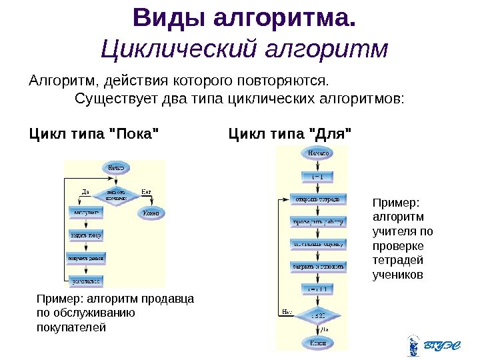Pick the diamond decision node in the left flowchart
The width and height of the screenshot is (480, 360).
(116, 195)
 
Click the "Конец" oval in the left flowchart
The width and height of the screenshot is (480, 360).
(152, 213)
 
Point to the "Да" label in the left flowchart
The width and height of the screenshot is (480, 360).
(85, 192)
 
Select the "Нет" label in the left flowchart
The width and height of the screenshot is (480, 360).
(146, 192)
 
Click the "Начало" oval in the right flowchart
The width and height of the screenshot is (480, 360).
(317, 154)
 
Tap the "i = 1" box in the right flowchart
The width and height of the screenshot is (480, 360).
(317, 177)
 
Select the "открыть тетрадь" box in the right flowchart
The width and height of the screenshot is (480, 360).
(318, 199)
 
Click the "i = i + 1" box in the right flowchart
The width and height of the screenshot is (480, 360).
(318, 289)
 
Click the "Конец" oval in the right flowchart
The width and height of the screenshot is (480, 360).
(318, 342)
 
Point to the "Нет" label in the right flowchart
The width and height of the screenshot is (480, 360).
(287, 311)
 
